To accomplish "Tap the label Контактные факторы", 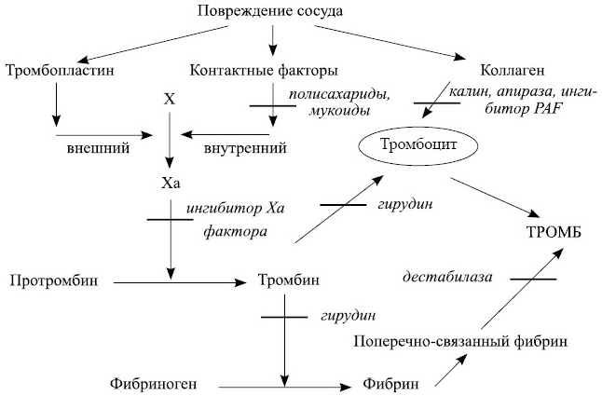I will click(264, 71).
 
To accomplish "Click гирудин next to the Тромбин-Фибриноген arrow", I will click(339, 316).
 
